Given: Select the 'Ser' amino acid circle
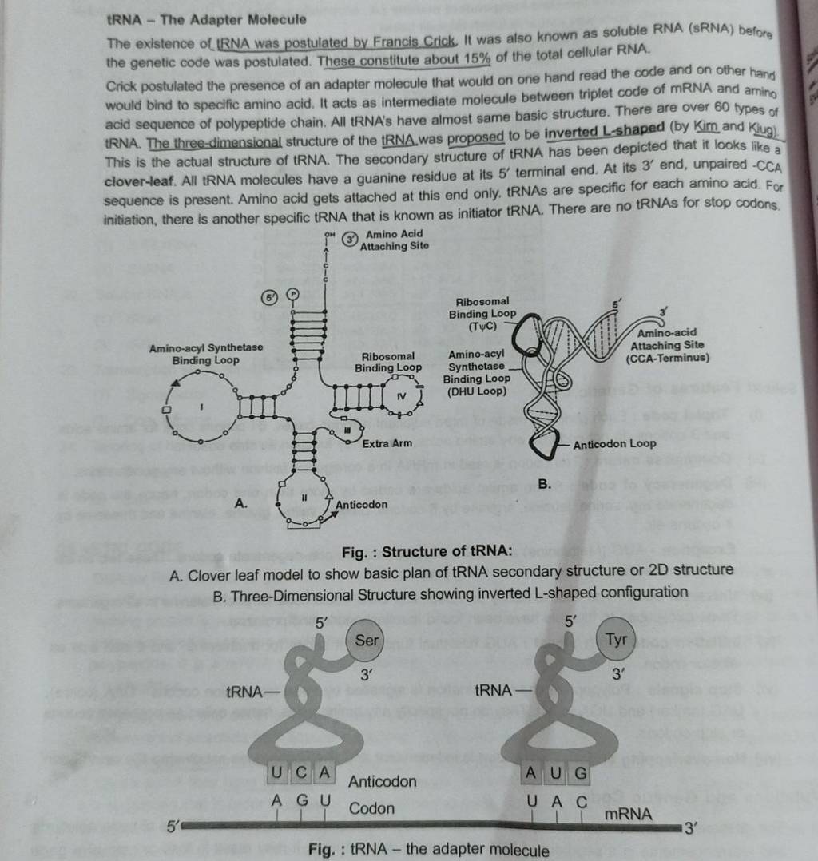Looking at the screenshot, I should [367, 640].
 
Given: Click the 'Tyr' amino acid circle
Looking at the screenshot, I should [616, 640].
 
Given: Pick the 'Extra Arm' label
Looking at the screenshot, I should [387, 443].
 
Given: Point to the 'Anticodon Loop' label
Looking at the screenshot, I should [614, 443].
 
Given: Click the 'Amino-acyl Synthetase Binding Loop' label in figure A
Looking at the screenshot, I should [206, 354].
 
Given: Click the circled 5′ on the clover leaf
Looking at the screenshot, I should [269, 296].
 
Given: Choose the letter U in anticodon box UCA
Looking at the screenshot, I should [276, 772].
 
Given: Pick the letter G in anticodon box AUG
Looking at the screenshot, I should [580, 773].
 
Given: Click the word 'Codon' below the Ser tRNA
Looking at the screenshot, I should [371, 807].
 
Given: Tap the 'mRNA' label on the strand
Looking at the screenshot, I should [628, 815].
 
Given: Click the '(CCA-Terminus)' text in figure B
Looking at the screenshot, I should [668, 358].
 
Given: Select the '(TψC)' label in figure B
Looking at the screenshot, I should [482, 326].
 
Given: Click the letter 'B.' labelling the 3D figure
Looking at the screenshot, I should [545, 484].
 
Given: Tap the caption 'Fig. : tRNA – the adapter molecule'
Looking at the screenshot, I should [429, 850].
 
